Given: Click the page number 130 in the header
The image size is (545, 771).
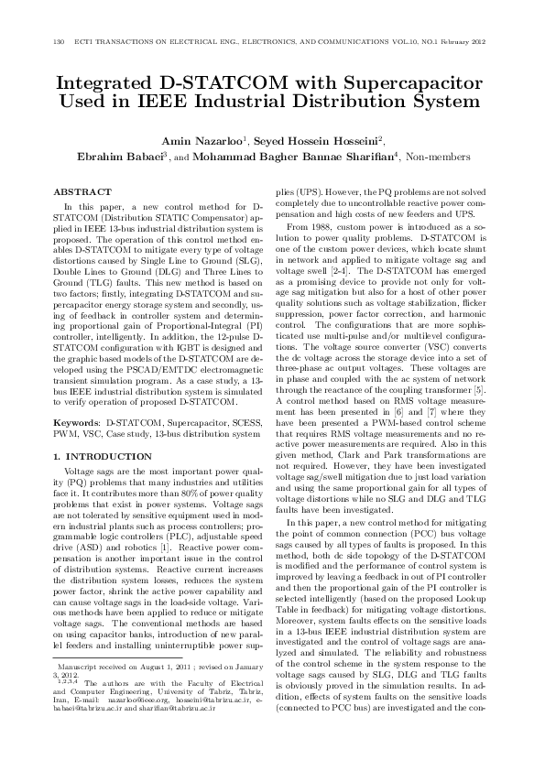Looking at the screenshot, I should click(x=60, y=42).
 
